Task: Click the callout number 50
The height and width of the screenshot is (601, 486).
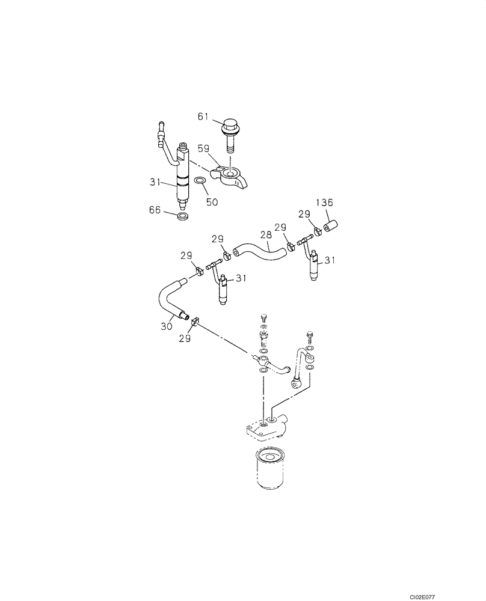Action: click(212, 202)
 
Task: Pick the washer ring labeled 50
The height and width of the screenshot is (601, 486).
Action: click(201, 180)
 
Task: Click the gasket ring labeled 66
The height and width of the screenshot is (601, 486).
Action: click(185, 214)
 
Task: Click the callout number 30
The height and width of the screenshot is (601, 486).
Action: click(166, 326)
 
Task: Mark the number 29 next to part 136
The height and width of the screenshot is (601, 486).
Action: click(304, 215)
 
